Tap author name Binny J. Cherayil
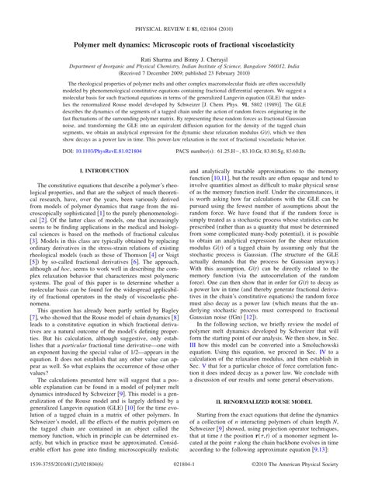pos(204,40)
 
